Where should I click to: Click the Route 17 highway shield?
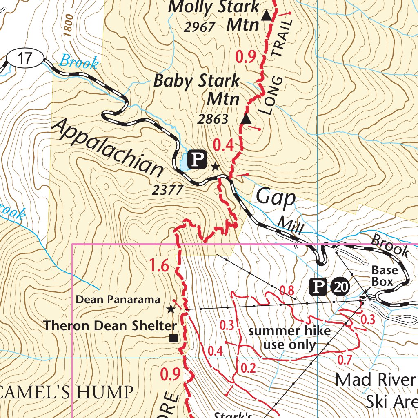(x=25, y=58)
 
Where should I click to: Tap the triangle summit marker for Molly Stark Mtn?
(x=266, y=16)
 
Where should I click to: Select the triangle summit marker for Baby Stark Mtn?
(x=246, y=119)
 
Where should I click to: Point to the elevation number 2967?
(x=199, y=27)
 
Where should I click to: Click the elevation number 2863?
(x=213, y=119)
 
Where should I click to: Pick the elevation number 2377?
(x=168, y=190)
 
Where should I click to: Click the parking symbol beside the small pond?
(x=197, y=159)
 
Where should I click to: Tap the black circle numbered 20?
(x=341, y=287)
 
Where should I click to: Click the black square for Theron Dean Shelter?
(x=173, y=338)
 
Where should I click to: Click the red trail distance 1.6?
(x=159, y=266)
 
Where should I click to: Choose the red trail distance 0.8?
(x=287, y=290)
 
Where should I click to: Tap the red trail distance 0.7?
(x=345, y=360)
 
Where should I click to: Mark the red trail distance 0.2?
(x=248, y=369)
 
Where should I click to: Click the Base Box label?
(x=384, y=276)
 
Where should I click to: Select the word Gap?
(x=276, y=198)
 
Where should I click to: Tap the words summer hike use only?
(x=289, y=338)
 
